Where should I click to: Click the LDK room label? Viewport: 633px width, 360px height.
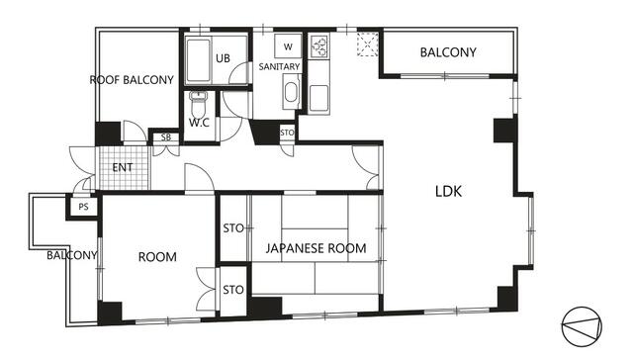click(448, 191)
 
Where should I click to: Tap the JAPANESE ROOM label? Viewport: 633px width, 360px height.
click(316, 248)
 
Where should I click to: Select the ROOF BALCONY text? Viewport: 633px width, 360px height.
click(132, 80)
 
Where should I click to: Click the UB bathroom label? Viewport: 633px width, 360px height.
click(223, 58)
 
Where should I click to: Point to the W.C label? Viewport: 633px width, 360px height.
click(200, 123)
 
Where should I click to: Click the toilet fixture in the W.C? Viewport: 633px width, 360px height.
click(198, 103)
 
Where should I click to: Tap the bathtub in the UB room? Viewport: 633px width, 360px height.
click(198, 60)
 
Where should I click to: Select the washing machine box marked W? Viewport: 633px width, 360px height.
click(288, 46)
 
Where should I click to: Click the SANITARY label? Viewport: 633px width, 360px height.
click(279, 66)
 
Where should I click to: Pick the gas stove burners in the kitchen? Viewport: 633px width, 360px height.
click(319, 46)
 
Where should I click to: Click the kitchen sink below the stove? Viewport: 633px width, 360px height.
click(318, 98)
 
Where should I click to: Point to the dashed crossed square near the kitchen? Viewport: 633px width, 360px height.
click(368, 45)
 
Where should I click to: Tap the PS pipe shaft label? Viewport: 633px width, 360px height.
click(83, 207)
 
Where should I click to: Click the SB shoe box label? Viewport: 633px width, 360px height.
click(166, 137)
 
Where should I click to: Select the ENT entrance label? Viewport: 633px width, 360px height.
click(123, 167)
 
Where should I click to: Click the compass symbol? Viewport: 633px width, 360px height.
click(582, 327)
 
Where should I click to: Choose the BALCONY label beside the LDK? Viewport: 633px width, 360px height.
click(448, 52)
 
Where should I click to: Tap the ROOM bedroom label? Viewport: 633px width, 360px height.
click(157, 257)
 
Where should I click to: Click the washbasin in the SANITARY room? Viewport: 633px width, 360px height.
click(291, 92)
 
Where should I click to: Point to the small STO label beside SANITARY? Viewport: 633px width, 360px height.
click(287, 133)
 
